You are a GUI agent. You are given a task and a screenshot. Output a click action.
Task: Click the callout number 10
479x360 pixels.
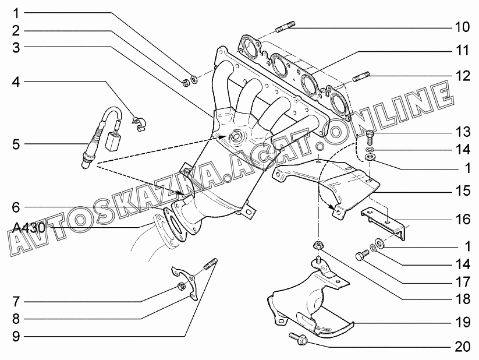coord(462,27)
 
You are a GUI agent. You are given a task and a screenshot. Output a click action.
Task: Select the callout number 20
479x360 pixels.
coord(462,347)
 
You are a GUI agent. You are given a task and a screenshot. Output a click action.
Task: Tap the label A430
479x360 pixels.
coord(29,228)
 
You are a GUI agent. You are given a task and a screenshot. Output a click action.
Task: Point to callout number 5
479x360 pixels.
coord(16,144)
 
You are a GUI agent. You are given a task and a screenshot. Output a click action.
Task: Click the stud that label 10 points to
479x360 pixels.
coord(286,26)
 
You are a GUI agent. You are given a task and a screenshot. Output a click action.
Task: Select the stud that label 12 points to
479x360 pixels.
coord(361,76)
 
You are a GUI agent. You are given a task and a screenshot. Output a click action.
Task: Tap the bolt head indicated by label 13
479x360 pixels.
coord(370,133)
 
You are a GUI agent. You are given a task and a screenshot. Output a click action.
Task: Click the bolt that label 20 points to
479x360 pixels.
coord(298,339)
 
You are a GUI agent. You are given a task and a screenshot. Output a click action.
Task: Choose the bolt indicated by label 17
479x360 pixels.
coord(363,256)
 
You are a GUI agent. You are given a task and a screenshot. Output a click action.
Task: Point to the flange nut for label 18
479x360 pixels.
coord(318,245)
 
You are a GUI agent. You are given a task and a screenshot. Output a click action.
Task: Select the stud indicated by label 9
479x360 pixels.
coord(210,264)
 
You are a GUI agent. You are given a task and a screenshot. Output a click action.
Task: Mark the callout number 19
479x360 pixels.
coord(463,322)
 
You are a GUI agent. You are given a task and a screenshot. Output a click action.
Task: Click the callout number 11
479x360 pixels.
coord(462,50)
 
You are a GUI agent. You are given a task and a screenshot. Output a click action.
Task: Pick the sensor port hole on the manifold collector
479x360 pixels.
coord(236,136)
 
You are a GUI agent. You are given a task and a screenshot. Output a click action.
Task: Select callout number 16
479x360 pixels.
coord(463,219)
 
